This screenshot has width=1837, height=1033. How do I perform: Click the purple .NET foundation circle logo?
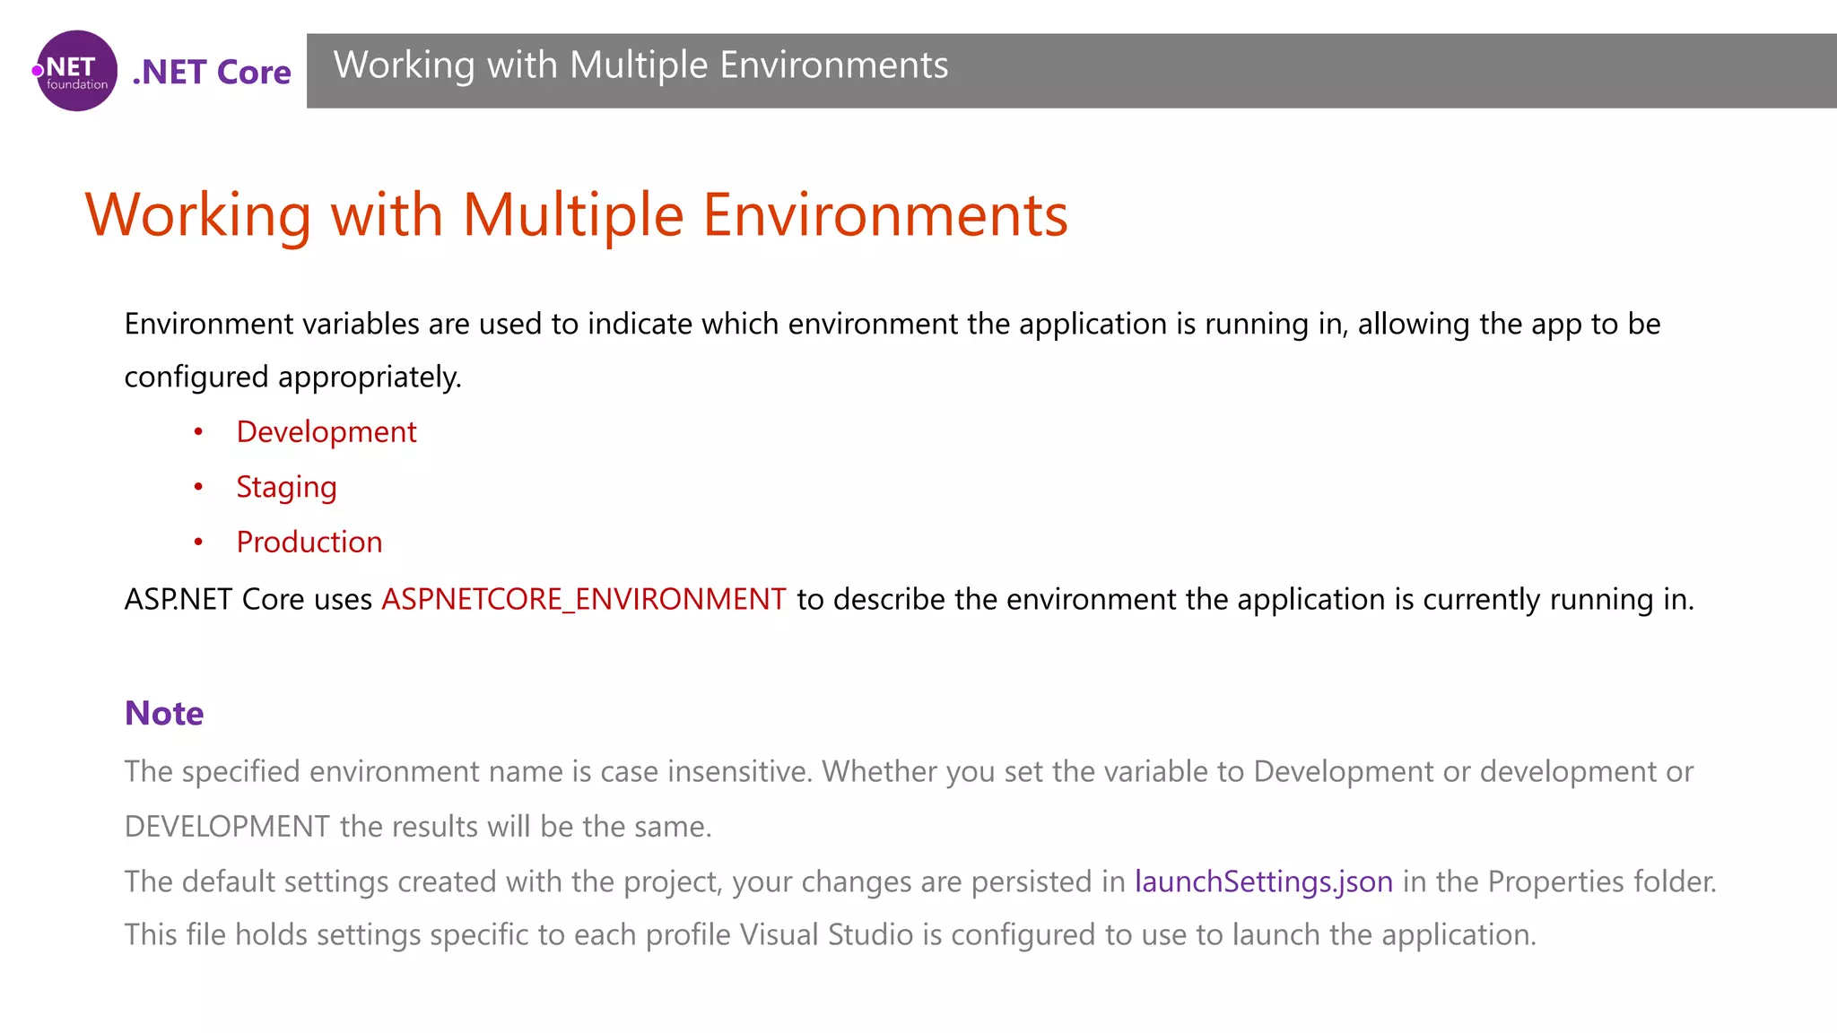point(77,71)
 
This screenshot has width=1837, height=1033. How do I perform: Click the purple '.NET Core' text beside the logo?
point(212,72)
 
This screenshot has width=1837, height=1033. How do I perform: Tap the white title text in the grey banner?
point(640,65)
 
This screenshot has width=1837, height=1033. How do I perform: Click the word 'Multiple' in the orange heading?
point(573,215)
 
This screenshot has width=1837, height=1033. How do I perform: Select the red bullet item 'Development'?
point(326,432)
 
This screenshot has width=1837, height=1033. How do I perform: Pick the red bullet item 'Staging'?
point(286,487)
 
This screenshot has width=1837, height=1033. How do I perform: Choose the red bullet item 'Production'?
point(309,543)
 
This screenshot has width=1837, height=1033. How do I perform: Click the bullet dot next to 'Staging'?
point(198,487)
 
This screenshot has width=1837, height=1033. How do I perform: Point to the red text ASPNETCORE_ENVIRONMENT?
point(584,599)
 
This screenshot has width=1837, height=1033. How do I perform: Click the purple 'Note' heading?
point(164,713)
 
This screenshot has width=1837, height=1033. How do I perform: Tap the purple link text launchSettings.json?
point(1264,881)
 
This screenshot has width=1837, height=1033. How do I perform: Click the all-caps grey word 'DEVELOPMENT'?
point(227,827)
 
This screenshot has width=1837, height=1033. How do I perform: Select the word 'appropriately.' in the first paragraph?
point(370,377)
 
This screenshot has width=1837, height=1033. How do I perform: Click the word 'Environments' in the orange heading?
point(885,215)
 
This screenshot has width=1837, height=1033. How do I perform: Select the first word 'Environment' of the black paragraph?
point(208,324)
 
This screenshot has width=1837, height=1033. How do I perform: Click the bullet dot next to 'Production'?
point(198,543)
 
